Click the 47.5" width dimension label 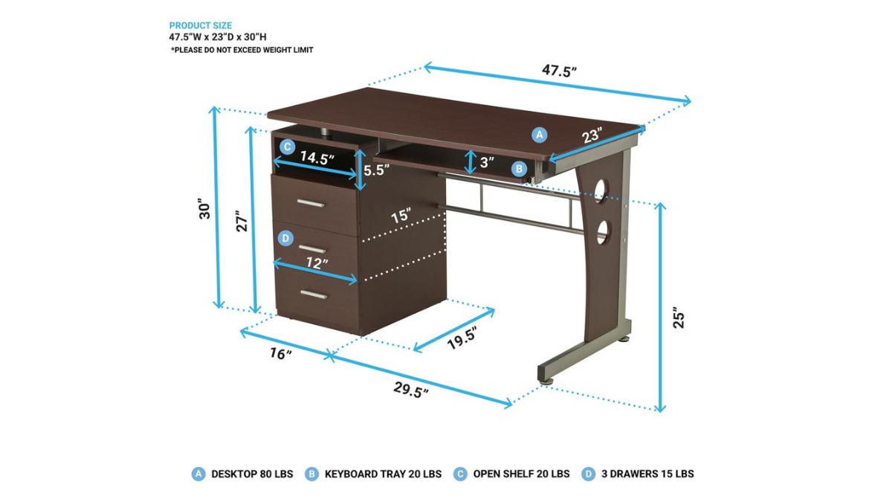(x=559, y=71)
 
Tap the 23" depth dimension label (x=592, y=135)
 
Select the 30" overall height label (x=204, y=208)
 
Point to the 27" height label (x=242, y=221)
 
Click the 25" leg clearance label (x=679, y=318)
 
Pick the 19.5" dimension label (x=462, y=338)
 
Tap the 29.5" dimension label (x=411, y=389)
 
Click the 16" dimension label (x=281, y=353)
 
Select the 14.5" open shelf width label (x=317, y=158)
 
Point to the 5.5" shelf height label (x=376, y=170)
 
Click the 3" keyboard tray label (x=487, y=162)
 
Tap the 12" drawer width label (x=317, y=263)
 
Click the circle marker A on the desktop (x=539, y=135)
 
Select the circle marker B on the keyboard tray (x=519, y=169)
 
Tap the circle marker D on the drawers (x=285, y=238)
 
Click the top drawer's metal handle (x=311, y=204)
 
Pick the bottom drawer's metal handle (x=314, y=295)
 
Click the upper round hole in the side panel (x=601, y=190)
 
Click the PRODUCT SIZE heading (x=200, y=25)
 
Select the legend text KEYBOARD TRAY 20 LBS (x=383, y=474)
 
